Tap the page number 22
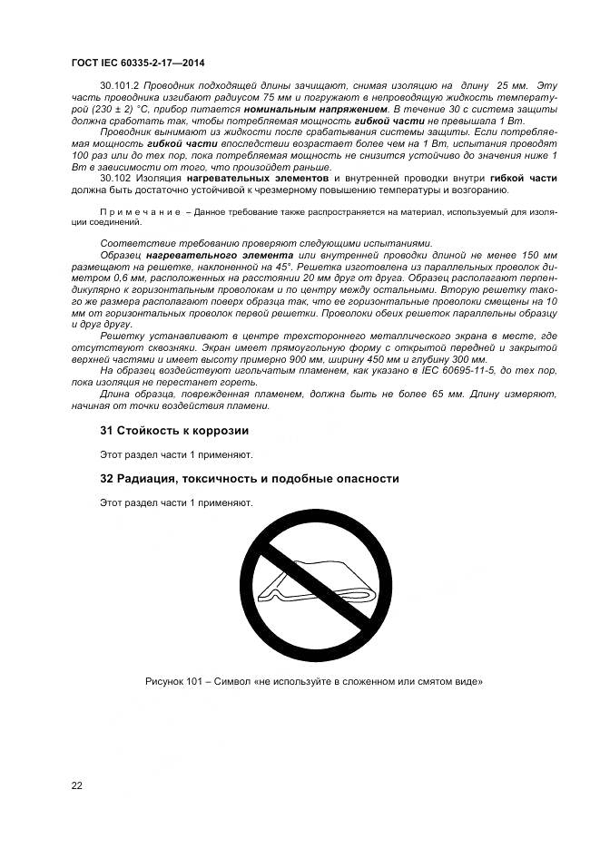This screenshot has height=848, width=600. tap(76, 785)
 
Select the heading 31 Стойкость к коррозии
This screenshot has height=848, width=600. tap(173, 430)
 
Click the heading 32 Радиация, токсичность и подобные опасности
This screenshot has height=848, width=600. tap(249, 478)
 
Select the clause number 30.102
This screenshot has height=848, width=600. tap(115, 179)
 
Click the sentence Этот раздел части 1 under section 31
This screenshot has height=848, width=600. tap(175, 454)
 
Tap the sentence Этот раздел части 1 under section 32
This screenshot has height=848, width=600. tap(175, 502)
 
